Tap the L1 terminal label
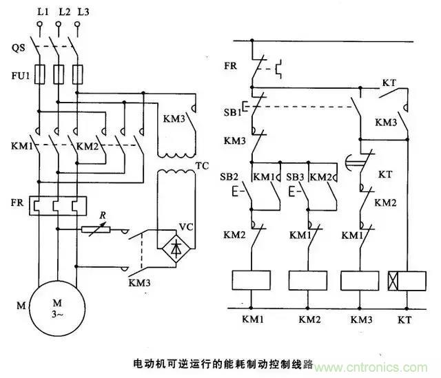pyautogui.click(x=42, y=12)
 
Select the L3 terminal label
pyautogui.click(x=84, y=12)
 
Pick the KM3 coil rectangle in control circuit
pyautogui.click(x=360, y=280)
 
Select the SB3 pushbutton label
pyautogui.click(x=296, y=176)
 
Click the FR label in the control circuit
pyautogui.click(x=232, y=67)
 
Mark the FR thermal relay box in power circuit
pyautogui.click(x=59, y=205)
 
